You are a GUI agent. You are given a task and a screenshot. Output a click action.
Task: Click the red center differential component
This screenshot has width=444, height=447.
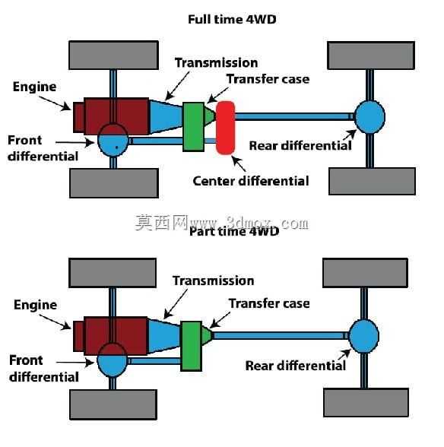[225, 128]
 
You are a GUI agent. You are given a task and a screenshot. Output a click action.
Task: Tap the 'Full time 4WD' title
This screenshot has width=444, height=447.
[232, 20]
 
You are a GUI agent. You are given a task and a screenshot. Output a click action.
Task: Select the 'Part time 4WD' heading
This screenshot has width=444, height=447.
[234, 231]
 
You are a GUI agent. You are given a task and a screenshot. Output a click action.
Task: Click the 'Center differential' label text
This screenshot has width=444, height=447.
[251, 181]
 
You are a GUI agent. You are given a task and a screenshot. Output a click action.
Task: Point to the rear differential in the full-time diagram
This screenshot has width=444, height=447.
[369, 117]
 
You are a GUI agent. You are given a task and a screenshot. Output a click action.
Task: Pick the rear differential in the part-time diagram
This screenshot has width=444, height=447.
[364, 336]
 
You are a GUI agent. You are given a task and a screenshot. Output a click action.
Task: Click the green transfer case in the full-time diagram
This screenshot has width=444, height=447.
[193, 126]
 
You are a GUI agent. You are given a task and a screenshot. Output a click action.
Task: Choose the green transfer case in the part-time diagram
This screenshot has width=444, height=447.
[192, 346]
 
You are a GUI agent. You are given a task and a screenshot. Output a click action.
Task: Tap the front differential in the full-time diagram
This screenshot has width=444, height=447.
[113, 140]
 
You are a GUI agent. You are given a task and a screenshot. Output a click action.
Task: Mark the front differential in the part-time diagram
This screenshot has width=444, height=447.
[112, 360]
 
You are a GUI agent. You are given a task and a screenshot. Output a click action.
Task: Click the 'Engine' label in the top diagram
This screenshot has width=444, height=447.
[34, 87]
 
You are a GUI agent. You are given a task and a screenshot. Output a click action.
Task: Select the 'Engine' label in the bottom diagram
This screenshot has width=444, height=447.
[36, 305]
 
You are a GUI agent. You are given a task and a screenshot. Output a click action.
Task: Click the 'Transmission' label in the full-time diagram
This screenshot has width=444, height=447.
[217, 62]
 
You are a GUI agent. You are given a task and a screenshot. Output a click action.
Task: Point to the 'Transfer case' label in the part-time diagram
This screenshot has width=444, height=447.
[269, 303]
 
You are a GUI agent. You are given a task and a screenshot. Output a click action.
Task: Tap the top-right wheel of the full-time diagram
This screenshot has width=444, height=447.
[371, 55]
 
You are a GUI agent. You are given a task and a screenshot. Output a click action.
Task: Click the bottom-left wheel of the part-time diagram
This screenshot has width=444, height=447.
[113, 404]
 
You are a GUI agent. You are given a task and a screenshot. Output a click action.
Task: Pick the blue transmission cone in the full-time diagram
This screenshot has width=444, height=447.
[166, 116]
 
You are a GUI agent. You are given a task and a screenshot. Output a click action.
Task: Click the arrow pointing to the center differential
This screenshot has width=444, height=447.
[239, 163]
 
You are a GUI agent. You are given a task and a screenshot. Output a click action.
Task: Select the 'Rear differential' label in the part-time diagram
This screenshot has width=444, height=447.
[296, 366]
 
